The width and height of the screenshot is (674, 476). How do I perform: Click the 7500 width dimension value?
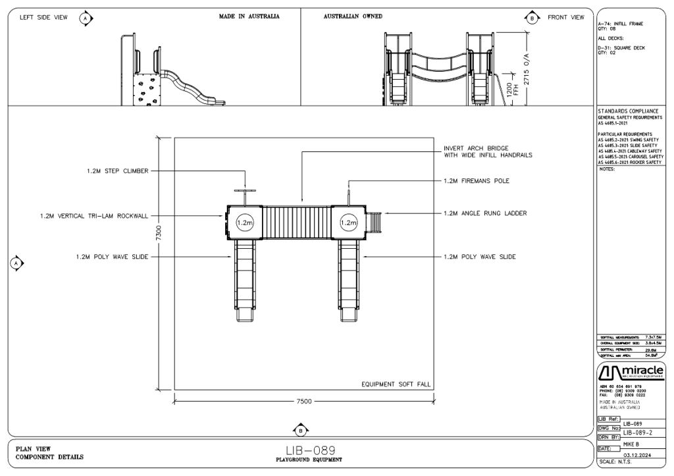(x=303, y=401)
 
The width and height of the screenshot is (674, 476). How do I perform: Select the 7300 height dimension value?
(x=167, y=232)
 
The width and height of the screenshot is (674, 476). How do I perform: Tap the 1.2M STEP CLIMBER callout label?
(x=117, y=171)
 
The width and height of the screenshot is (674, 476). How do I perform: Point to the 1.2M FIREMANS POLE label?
(x=477, y=180)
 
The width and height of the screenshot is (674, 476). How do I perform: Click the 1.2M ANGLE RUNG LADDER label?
(x=485, y=213)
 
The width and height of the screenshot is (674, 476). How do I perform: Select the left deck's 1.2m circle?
(x=244, y=223)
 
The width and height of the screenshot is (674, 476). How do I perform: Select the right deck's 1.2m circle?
(x=348, y=223)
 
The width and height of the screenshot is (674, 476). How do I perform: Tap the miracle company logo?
(x=630, y=374)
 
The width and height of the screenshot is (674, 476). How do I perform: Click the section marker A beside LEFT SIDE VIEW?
(x=86, y=17)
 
